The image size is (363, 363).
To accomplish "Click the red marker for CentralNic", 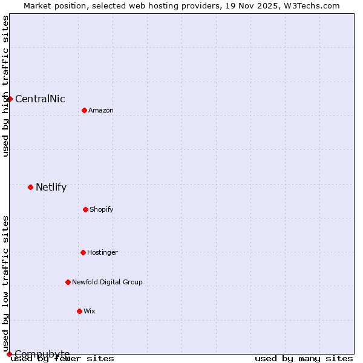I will coord(10,99).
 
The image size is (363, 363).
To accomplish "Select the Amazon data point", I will coord(84,110).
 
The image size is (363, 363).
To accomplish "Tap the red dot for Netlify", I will coord(30,187).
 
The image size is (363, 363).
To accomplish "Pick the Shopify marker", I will coord(85,209).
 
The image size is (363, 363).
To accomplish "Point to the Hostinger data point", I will coord(83,252).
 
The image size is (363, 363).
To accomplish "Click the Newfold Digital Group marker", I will coord(68,282).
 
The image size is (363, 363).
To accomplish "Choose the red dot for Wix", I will coord(79,311).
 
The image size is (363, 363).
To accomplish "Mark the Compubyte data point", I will coord(9,354).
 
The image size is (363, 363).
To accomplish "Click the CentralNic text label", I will coord(40,99).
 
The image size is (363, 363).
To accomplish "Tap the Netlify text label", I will coord(51,188).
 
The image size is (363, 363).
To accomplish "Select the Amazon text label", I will coord(101,111).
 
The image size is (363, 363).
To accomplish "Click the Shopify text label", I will coord(102,210).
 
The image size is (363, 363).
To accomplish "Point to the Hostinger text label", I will coord(102,253).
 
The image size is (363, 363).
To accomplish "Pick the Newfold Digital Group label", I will coord(107,283).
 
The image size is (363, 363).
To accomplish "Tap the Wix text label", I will coord(90,312).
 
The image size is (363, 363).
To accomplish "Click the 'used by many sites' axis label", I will coord(304,359).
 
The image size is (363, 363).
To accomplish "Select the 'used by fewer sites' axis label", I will coord(62,359).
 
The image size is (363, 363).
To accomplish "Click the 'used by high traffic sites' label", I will coord(6,86).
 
